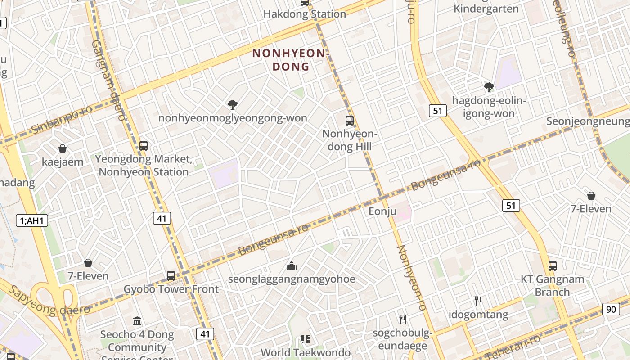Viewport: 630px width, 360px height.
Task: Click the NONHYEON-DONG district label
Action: [x=292, y=60]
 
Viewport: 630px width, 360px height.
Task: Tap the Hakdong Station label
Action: [x=305, y=14]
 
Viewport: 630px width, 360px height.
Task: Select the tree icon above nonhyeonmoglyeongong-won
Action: [x=233, y=105]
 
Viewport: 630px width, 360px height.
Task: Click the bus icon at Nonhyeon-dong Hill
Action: [x=350, y=121]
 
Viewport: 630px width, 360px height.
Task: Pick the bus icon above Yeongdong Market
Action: [x=144, y=146]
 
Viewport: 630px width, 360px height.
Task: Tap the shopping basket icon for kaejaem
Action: [x=63, y=148]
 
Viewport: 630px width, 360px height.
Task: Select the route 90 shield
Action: [x=611, y=309]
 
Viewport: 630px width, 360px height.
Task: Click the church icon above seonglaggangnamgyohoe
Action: [x=292, y=265]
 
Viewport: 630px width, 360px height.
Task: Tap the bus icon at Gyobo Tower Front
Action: [x=171, y=276]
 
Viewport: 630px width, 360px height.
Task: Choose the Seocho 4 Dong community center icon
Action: [x=137, y=321]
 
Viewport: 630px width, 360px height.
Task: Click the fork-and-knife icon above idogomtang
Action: [x=478, y=301]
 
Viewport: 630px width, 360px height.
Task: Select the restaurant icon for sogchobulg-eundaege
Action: [x=403, y=319]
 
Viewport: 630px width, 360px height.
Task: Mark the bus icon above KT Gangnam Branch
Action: [x=553, y=265]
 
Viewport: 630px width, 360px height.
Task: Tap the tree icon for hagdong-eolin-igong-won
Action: [x=489, y=87]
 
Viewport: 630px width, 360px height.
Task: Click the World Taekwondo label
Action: [x=306, y=352]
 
